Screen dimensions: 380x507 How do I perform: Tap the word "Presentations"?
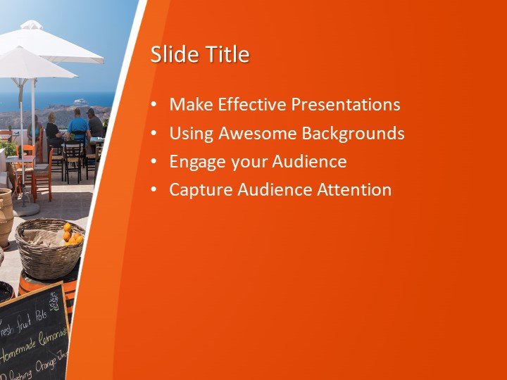pyautogui.click(x=345, y=105)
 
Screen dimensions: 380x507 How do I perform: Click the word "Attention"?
pyautogui.click(x=354, y=189)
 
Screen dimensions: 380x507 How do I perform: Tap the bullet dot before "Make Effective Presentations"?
pyautogui.click(x=154, y=106)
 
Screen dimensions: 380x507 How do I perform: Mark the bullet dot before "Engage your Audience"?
pyautogui.click(x=154, y=162)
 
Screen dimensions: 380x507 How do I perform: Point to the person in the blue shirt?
pyautogui.click(x=78, y=125)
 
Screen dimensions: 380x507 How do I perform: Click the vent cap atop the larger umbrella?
pyautogui.click(x=32, y=25)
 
